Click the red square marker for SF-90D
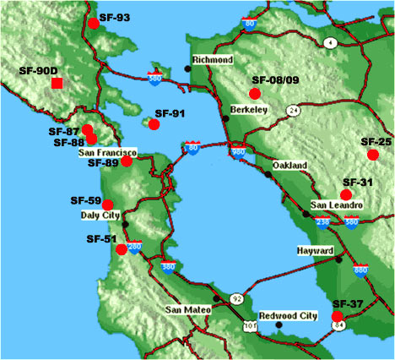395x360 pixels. [x=57, y=83]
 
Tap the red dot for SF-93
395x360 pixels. [x=93, y=24]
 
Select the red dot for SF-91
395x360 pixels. [x=154, y=124]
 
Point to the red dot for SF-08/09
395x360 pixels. [x=255, y=93]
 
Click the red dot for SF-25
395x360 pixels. [x=372, y=155]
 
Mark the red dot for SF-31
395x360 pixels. [x=345, y=195]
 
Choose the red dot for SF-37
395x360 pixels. [x=338, y=316]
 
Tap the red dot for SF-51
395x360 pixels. [x=121, y=249]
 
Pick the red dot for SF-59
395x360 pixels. [x=108, y=203]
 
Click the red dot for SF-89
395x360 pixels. [x=127, y=161]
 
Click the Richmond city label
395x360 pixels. [x=212, y=61]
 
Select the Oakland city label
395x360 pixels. [x=289, y=166]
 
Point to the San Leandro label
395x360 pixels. [x=336, y=205]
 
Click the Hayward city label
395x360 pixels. [x=315, y=251]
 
